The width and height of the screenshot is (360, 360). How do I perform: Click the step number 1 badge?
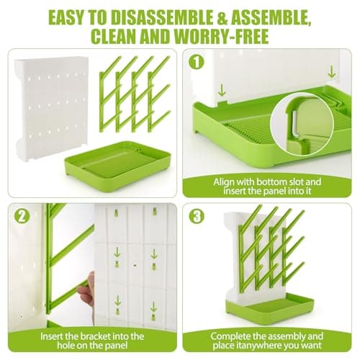pos(197,62)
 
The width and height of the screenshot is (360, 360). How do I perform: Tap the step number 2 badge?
pos(22,216)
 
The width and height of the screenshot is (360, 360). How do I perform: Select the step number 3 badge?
pos(197,216)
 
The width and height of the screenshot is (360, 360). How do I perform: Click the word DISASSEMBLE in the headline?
pos(162,17)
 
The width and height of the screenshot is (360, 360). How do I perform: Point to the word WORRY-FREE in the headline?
pos(221,36)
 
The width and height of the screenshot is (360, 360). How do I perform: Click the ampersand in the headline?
pos(223,18)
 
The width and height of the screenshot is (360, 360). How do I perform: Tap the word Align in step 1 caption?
pos(224,182)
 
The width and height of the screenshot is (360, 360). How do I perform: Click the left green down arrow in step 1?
pos(222,91)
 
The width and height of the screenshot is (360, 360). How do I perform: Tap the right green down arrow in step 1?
pos(331,72)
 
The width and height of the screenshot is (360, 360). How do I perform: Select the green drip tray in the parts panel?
pos(118,167)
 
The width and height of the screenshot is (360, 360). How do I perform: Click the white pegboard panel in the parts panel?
pos(51,108)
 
